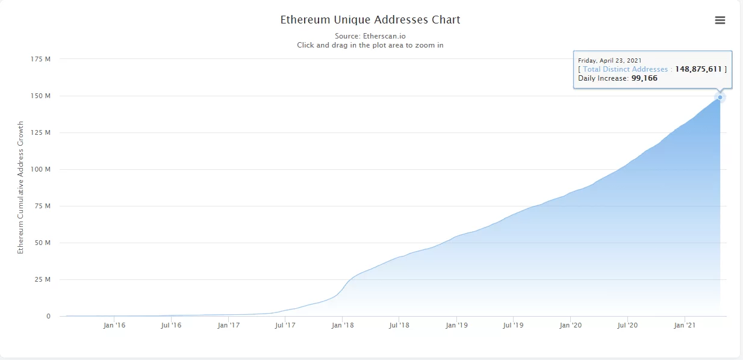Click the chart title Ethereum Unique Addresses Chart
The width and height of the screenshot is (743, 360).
point(370,20)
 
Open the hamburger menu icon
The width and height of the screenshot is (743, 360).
point(720,20)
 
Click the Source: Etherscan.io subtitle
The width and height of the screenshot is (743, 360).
point(370,36)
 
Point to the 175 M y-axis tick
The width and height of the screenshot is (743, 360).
point(40,59)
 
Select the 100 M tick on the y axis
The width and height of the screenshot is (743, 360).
point(40,169)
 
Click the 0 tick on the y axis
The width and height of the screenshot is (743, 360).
point(48,316)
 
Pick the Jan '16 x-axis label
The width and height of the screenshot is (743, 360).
point(114,326)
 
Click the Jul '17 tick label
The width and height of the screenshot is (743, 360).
point(285,326)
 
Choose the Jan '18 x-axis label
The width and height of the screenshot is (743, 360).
point(343,326)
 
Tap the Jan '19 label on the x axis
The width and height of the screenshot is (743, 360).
point(456,326)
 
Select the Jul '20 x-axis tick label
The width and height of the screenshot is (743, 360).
point(627,326)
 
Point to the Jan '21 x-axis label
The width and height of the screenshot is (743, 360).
point(685,326)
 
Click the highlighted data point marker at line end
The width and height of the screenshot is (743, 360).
point(720,97)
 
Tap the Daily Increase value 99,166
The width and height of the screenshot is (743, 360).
point(644,78)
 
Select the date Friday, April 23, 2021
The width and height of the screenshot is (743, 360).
point(609,60)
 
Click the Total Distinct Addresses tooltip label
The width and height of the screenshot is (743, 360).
point(625,69)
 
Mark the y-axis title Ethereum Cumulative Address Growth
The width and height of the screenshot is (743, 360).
point(20,187)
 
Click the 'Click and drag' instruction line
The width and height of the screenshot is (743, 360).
point(370,45)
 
